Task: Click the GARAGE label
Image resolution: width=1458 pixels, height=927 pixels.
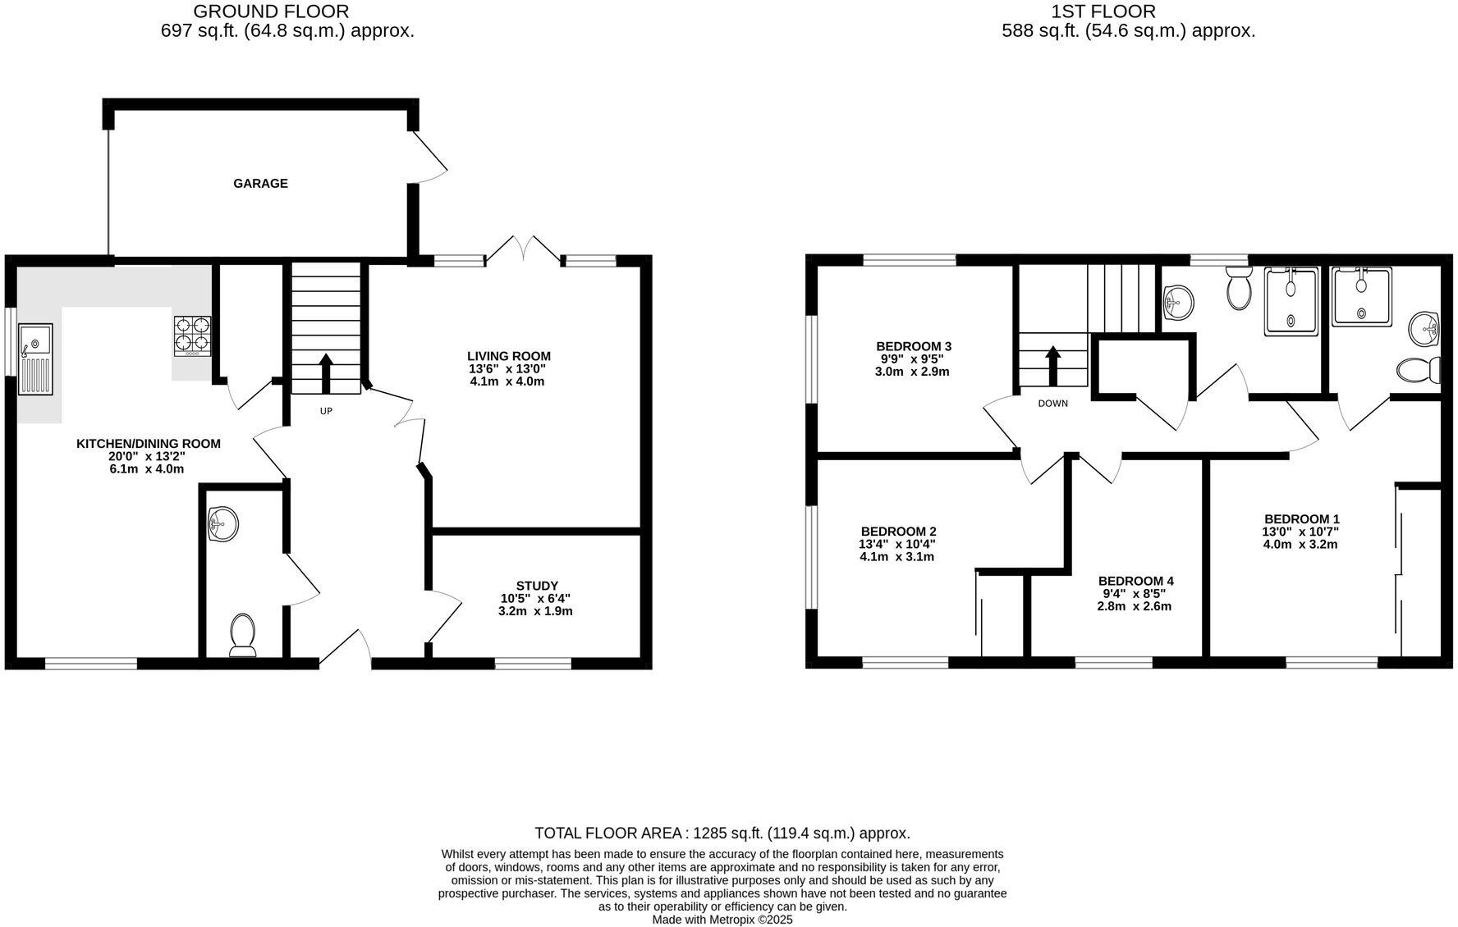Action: pos(260,184)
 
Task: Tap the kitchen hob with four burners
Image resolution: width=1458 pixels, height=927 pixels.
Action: pos(192,336)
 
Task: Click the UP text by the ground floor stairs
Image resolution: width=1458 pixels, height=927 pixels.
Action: pos(326,411)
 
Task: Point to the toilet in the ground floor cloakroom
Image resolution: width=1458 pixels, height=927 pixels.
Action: pos(242,635)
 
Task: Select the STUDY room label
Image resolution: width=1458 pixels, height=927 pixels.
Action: pos(537,586)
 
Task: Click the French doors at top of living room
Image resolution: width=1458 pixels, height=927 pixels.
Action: pos(524,249)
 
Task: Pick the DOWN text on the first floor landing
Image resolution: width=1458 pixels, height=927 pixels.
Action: pos(1052,404)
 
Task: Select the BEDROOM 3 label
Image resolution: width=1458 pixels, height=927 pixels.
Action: pos(913,346)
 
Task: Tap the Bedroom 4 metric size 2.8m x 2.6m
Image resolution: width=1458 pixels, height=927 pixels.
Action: pos(1134,606)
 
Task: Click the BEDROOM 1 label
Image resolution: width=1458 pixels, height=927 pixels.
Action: pos(1301,518)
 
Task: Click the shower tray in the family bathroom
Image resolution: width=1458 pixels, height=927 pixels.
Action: pos(1291,300)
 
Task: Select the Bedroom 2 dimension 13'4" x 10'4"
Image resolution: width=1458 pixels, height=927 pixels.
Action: pos(896,544)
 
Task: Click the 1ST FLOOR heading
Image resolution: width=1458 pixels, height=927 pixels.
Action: pos(1103,11)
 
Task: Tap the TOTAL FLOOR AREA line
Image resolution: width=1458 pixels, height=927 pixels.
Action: pos(722,833)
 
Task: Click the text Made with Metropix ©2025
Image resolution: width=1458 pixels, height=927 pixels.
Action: pos(722,920)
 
